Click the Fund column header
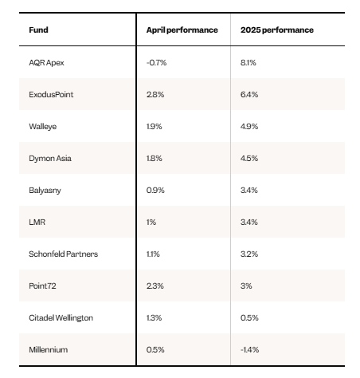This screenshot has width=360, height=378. (x=38, y=30)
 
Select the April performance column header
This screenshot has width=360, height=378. (x=182, y=30)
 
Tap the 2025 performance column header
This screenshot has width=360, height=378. (x=277, y=30)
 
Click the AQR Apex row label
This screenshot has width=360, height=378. (x=46, y=63)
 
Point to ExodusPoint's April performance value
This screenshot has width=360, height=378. (x=155, y=94)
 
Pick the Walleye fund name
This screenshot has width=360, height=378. (x=43, y=127)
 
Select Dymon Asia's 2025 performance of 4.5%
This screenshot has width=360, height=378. (x=249, y=158)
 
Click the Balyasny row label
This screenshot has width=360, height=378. (x=45, y=191)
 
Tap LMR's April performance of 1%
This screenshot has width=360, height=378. (x=151, y=222)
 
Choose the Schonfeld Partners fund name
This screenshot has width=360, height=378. (x=64, y=254)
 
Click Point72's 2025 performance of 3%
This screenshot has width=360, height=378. (x=246, y=285)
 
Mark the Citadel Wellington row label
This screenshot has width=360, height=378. (x=61, y=318)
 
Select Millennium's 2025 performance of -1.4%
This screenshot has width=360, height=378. (x=249, y=349)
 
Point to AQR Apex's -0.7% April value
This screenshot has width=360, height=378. (x=156, y=62)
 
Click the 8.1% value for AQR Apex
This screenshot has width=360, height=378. (x=248, y=62)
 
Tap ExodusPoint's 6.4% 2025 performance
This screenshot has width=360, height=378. (x=249, y=94)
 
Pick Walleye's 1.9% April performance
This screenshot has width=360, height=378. (x=155, y=126)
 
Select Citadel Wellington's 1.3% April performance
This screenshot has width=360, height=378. (x=154, y=317)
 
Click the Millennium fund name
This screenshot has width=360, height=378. (x=49, y=349)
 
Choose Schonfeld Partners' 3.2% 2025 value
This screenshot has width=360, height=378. (x=249, y=254)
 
